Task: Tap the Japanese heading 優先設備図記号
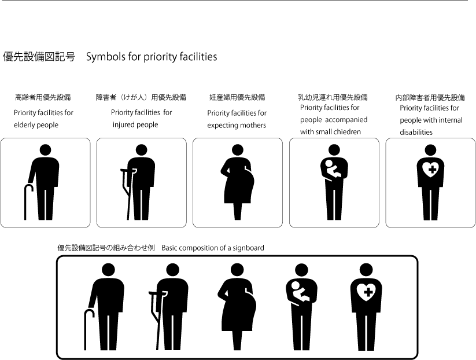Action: click(x=39, y=57)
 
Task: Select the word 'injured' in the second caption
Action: click(x=123, y=125)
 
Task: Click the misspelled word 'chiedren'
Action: click(x=350, y=132)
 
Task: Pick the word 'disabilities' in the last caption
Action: click(x=416, y=132)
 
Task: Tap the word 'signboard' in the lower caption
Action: click(x=248, y=248)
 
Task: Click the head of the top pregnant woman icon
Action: click(x=237, y=150)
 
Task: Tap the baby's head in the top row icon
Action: click(x=329, y=163)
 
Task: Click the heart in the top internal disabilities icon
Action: click(x=430, y=170)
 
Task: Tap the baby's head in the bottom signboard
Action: click(x=296, y=285)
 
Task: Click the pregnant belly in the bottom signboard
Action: click(x=249, y=307)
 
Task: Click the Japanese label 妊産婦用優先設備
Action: click(x=237, y=97)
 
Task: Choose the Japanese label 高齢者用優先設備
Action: click(x=43, y=97)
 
